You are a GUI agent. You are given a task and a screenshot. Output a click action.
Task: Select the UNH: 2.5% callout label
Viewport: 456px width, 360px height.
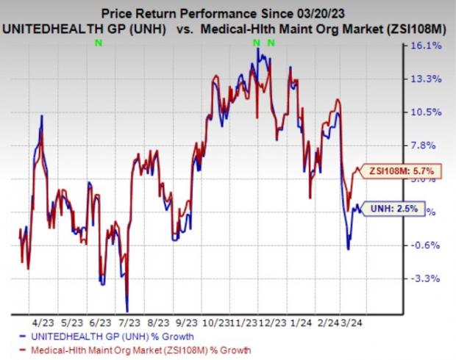(x=396, y=209)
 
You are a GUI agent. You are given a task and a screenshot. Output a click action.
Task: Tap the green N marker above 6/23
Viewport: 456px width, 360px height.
(x=99, y=43)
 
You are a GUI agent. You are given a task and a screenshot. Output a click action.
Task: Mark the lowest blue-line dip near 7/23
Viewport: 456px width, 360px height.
(x=127, y=311)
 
